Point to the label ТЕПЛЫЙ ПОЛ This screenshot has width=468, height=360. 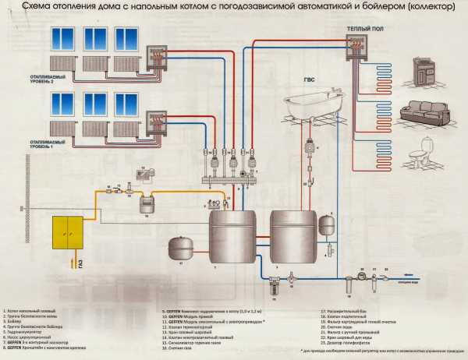pos(363,28)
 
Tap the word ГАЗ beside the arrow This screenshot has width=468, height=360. pos(81,266)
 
